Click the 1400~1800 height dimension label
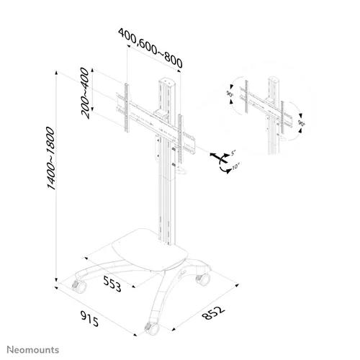51,158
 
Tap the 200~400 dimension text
85,93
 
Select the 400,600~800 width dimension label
150,48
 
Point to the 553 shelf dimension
112,284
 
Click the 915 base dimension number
89,319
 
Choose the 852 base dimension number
213,312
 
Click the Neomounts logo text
33,350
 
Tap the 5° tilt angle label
233,153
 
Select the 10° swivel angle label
236,166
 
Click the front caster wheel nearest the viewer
152,329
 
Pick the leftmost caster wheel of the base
79,287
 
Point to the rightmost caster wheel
203,279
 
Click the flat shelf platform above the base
150,250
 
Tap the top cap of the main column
166,81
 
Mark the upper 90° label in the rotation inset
230,94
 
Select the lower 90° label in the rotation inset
302,123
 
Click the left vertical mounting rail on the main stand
127,107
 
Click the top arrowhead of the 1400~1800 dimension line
56,73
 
